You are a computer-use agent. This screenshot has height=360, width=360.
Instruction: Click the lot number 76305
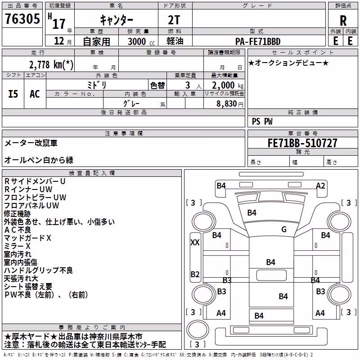point(22,19)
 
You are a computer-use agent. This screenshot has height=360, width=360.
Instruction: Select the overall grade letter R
point(343,21)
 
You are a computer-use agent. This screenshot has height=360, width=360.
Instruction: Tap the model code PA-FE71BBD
point(258,41)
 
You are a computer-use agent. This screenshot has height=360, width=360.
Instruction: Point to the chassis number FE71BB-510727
point(302,143)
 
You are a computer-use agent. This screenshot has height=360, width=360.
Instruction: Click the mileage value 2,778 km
point(51,65)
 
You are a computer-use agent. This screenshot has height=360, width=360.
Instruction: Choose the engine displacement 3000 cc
point(141,41)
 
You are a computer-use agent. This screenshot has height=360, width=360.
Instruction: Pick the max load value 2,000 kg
point(228,85)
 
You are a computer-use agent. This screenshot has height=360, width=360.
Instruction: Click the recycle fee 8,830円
point(230,104)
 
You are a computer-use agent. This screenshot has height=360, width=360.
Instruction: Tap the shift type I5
point(13,94)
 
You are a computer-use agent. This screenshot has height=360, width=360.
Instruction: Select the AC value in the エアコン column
point(35,94)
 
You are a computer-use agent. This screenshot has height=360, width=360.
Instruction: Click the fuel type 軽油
point(175,41)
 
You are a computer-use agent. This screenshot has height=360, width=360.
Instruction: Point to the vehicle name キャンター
point(117,20)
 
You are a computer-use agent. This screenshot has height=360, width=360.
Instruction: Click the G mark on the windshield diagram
point(284,229)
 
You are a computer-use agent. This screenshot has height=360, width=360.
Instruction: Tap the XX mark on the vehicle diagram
point(195,242)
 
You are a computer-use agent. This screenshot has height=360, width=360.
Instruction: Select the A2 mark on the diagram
point(320,185)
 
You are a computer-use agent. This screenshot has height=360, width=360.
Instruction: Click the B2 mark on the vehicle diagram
point(195,274)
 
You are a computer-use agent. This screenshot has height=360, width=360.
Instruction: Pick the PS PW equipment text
point(262,121)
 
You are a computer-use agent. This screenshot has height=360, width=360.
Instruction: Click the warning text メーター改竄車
point(31,143)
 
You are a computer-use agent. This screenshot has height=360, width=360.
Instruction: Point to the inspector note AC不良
point(18,230)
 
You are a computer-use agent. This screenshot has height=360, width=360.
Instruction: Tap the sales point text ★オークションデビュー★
point(288,63)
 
